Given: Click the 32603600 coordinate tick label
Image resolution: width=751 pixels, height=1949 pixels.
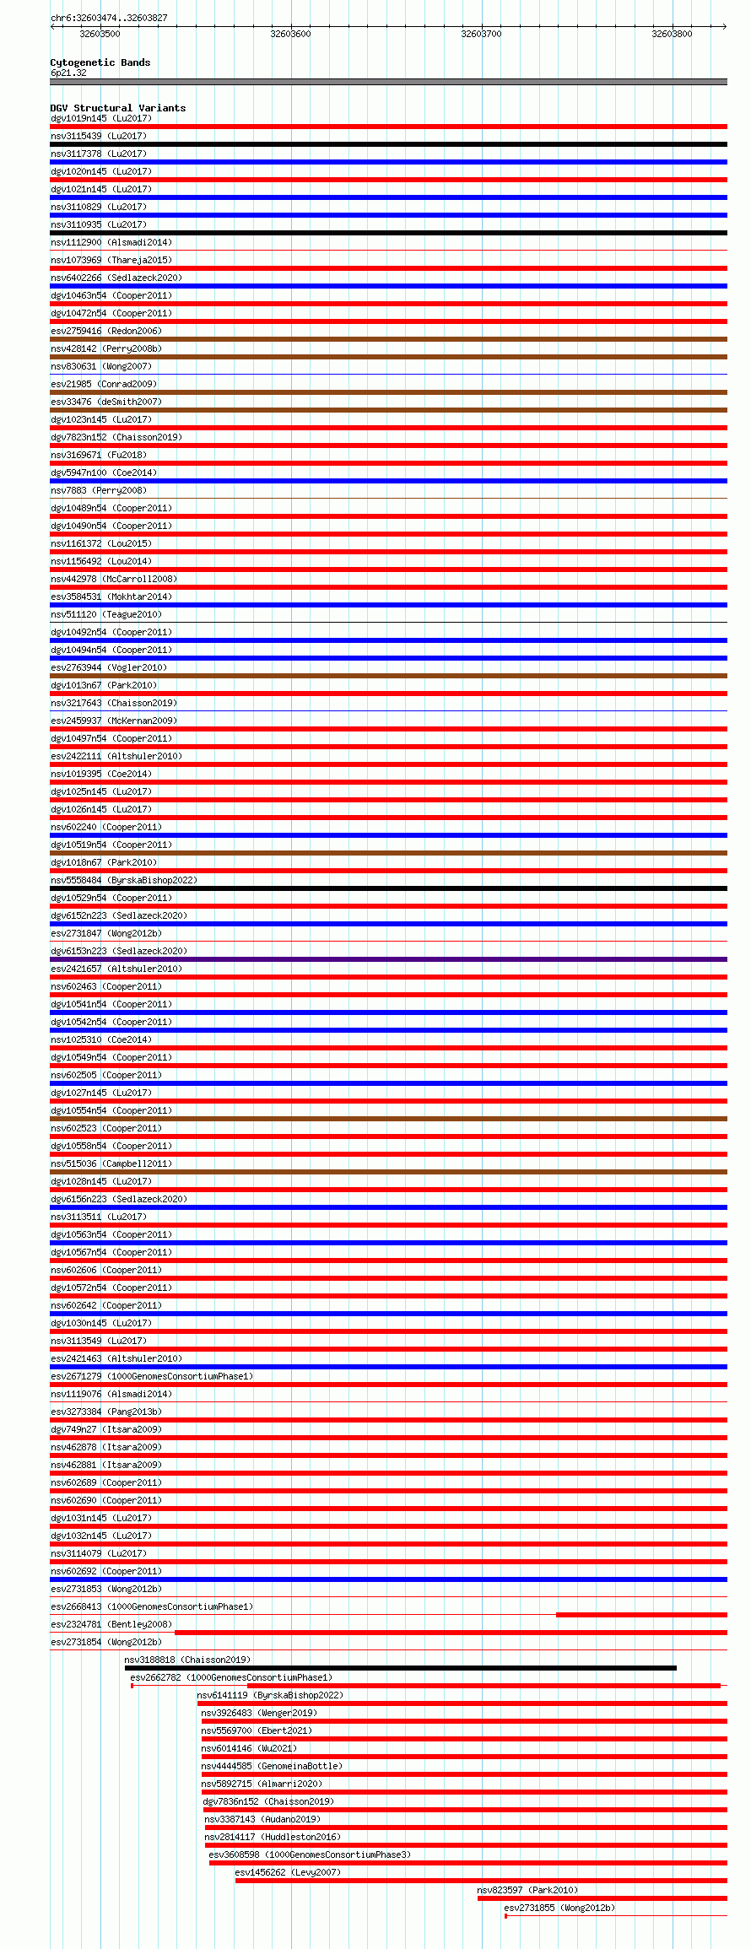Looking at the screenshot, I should point(290,34).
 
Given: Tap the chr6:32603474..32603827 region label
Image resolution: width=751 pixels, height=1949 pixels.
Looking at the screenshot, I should point(109,18).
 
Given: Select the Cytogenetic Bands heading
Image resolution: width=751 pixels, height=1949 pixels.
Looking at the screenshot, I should point(100,62).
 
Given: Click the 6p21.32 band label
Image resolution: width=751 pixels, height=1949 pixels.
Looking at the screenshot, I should point(68,73).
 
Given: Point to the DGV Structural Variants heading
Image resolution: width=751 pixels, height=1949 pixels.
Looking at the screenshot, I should point(117,108).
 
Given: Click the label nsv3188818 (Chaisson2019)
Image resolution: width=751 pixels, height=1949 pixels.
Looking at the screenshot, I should point(187,1660).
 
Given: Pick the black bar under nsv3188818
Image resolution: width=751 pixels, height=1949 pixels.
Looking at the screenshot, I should point(400,1668).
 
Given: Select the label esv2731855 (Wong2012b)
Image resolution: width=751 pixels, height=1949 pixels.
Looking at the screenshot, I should point(559,1908).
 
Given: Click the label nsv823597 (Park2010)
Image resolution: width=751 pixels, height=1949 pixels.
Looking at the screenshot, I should point(527,1890).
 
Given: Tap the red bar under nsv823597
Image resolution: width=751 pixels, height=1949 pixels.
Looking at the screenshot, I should point(602,1898).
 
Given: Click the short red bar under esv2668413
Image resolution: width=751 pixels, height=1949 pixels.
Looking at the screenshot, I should point(641,1615).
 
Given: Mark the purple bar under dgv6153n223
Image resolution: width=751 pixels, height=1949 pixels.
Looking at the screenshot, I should point(388,959).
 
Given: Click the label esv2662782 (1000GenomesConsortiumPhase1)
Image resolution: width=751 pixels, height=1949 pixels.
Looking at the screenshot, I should point(231,1677).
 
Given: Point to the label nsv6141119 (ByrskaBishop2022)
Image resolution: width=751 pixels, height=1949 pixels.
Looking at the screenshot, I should point(270,1695).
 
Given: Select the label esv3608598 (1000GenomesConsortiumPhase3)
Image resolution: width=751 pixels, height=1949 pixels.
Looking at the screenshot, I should point(310,1855).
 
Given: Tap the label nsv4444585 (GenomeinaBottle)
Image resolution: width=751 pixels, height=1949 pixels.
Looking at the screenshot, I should point(272,1766).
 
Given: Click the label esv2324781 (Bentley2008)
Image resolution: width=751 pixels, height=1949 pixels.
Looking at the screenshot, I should point(111,1624).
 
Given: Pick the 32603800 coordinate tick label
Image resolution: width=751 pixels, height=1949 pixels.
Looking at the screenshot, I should point(672,34).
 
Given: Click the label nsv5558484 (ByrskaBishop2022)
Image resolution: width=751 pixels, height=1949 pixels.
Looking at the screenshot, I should point(123,880).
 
